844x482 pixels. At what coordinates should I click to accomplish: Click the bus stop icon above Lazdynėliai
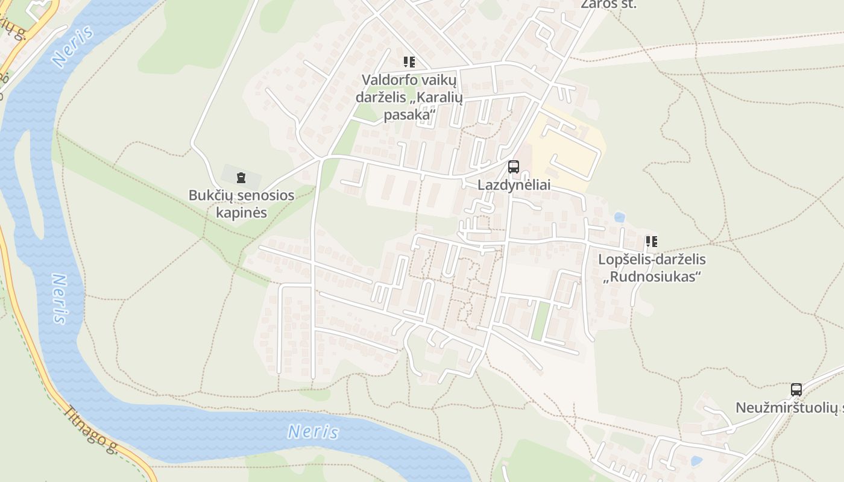point(514,167)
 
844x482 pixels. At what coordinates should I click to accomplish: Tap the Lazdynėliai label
point(514,185)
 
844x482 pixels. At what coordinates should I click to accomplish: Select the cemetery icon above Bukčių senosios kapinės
point(241,177)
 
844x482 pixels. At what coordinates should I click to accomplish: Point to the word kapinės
point(241,213)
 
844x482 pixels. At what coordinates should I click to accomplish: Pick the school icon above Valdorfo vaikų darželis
point(409,62)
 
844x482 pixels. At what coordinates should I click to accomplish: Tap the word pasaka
point(409,114)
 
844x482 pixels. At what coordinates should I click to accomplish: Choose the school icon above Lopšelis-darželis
point(651,242)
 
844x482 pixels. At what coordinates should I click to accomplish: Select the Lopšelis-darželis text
point(651,260)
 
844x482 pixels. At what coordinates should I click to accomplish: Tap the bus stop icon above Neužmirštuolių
point(796,390)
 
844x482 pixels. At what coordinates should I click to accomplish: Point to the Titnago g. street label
point(90,428)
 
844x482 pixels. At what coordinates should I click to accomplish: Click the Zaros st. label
point(608,4)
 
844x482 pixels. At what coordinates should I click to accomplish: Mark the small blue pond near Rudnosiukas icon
point(619,217)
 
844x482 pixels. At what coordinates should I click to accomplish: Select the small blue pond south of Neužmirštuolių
point(696,461)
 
